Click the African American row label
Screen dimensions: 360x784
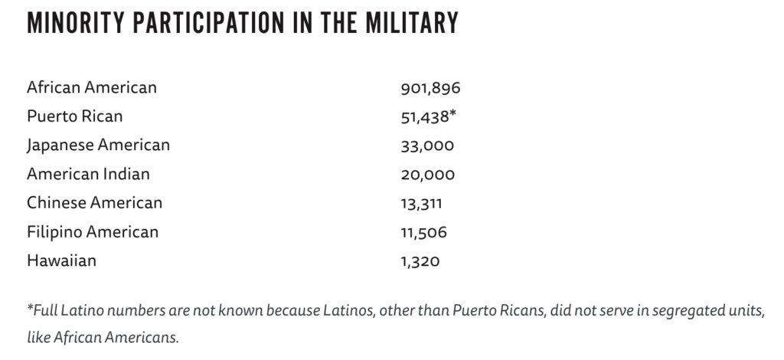(92, 87)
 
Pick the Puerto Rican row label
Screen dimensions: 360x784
(74, 116)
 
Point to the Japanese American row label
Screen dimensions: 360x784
(98, 145)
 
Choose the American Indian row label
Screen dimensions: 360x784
(88, 174)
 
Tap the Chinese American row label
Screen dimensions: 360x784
(94, 203)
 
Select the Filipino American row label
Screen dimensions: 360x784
(93, 232)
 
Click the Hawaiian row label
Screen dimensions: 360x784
(61, 261)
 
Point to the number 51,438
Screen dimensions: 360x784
(425, 117)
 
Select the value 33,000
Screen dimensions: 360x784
(427, 146)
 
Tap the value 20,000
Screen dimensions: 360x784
(427, 175)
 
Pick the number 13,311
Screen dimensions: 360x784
(421, 204)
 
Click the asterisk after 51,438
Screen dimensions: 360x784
(453, 114)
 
